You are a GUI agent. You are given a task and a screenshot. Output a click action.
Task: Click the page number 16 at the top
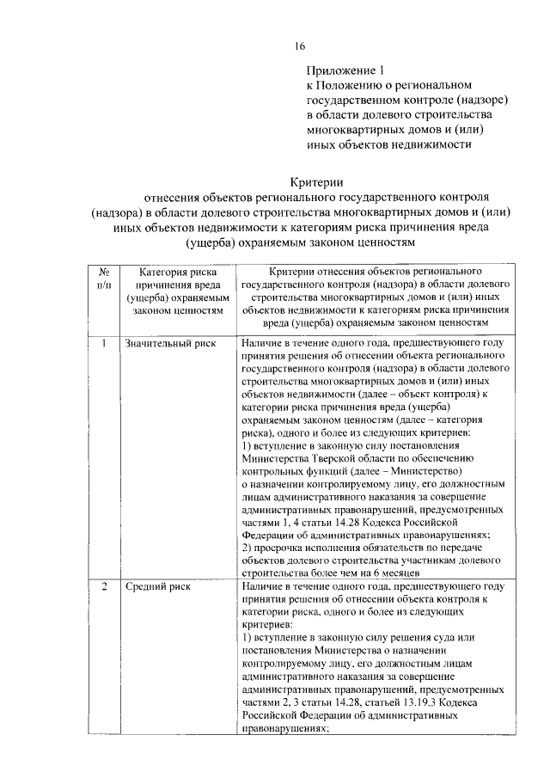[x=298, y=45]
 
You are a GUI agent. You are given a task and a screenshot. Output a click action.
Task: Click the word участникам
[x=410, y=558]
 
